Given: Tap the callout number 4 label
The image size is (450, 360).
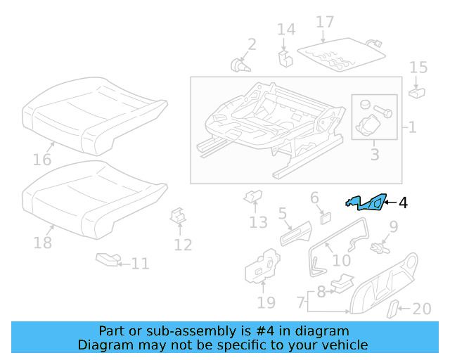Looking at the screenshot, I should pos(403,203).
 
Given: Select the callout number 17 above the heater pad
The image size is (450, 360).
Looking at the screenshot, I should pos(325,22).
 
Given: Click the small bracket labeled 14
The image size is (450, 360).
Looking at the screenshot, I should pos(285,56).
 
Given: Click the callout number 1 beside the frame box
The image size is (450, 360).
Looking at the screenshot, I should pos(412,128).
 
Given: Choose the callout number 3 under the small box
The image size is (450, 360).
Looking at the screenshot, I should pos(374,154).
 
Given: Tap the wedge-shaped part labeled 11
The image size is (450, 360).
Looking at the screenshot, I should pos(108,260).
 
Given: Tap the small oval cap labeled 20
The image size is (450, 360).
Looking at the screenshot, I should pos(394,309).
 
